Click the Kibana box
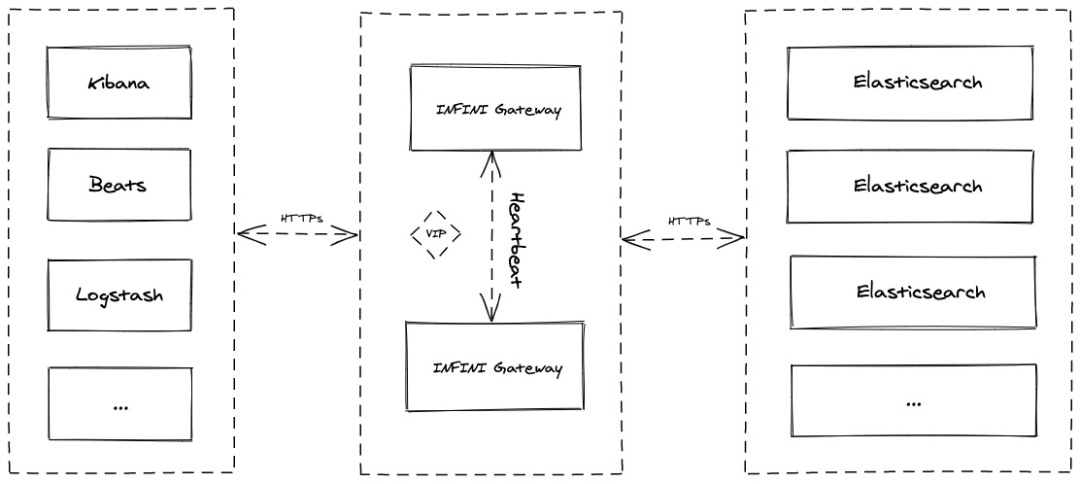tap(119, 83)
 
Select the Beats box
tap(119, 185)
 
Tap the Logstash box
tap(119, 295)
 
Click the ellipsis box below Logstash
tap(119, 404)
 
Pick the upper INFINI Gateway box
tap(495, 108)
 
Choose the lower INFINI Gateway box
tap(495, 366)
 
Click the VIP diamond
tap(435, 234)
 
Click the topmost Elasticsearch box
tap(910, 83)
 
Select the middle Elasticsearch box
tap(910, 187)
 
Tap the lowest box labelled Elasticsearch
tap(913, 293)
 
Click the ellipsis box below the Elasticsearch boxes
tap(914, 400)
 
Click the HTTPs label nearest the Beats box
tap(302, 220)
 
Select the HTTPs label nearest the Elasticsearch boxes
tap(689, 222)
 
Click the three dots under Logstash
tap(119, 407)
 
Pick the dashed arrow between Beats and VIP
tap(297, 234)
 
